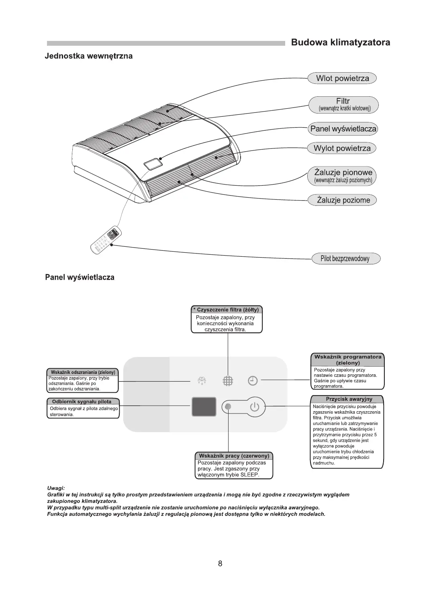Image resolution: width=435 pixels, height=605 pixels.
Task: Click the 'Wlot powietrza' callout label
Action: (x=342, y=78)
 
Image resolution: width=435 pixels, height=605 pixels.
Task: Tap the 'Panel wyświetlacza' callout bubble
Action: (x=343, y=129)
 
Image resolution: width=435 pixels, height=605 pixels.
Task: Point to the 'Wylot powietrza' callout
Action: (x=342, y=148)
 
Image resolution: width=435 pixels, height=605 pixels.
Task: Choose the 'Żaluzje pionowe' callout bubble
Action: (x=343, y=176)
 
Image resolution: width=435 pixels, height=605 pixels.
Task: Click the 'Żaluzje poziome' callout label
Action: (x=343, y=200)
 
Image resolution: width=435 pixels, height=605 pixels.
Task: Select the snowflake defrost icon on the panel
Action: (x=201, y=381)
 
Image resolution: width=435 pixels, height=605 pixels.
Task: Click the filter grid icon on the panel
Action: (x=228, y=381)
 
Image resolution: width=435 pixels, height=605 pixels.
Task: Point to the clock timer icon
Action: (x=253, y=381)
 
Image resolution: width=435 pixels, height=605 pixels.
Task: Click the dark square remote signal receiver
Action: (x=204, y=407)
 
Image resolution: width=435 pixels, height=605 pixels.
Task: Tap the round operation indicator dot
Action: (x=229, y=407)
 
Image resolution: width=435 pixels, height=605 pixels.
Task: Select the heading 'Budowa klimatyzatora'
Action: (x=340, y=43)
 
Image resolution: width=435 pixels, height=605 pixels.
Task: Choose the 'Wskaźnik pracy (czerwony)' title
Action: (x=234, y=456)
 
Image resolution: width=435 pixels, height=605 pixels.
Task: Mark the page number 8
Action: (x=220, y=563)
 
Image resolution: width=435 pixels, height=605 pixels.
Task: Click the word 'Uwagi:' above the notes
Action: (x=56, y=488)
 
